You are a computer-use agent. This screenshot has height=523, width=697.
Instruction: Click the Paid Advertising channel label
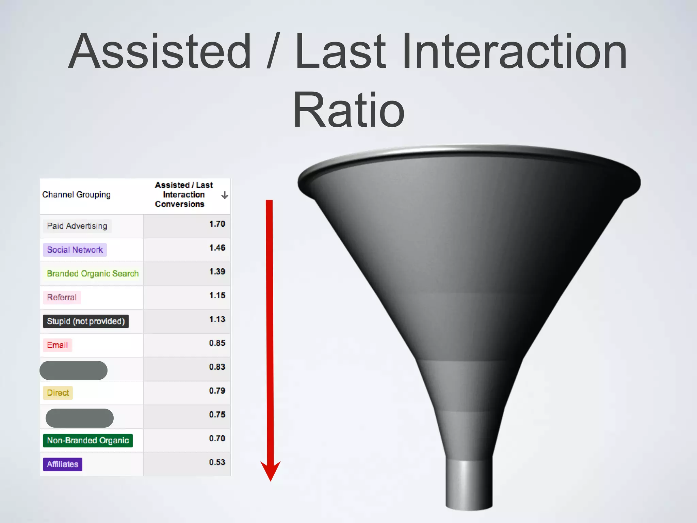(x=77, y=226)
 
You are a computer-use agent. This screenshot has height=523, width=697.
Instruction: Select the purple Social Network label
(x=75, y=250)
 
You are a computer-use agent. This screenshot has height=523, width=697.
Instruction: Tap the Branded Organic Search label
(x=93, y=274)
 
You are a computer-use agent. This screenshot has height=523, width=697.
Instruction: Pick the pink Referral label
(x=62, y=298)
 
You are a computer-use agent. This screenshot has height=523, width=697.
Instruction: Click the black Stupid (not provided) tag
(x=85, y=321)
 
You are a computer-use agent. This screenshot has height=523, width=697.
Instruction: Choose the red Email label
(x=57, y=345)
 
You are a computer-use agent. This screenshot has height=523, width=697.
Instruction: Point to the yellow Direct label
(x=58, y=393)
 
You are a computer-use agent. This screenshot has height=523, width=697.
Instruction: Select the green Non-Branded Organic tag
(x=88, y=441)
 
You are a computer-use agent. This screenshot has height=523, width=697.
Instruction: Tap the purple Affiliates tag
(x=63, y=464)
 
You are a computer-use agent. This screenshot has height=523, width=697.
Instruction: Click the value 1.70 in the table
(x=217, y=224)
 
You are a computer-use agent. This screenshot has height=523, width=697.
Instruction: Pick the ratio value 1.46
(x=217, y=248)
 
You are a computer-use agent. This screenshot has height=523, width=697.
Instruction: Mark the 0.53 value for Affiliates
(x=217, y=462)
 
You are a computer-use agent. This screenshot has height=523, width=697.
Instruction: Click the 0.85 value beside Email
(x=217, y=343)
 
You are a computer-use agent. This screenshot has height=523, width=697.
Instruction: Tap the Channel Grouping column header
(x=77, y=195)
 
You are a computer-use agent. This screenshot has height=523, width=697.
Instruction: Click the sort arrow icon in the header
(x=225, y=195)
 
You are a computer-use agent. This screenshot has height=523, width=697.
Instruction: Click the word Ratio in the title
(x=348, y=110)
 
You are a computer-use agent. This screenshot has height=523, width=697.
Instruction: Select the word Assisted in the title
(x=160, y=51)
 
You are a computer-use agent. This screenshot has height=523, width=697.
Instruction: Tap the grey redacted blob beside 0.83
(x=74, y=370)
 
